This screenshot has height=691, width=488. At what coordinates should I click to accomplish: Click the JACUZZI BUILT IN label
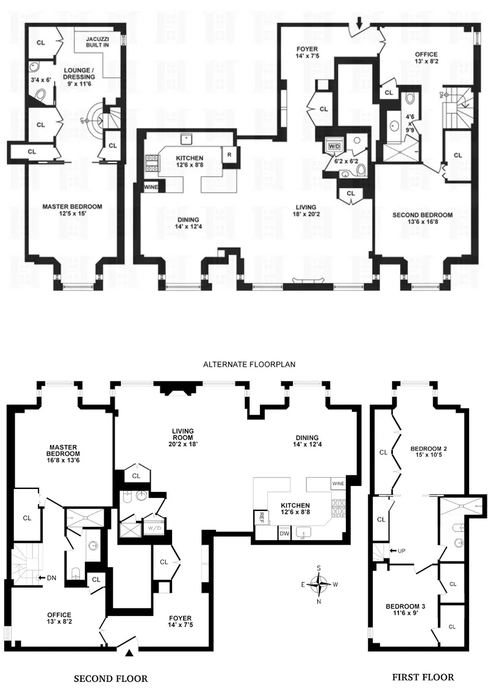93,40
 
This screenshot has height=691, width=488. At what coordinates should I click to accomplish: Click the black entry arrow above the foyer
359,23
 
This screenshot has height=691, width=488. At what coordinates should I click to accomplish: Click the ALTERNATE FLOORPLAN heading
249,364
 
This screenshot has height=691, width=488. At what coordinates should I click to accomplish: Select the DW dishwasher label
284,533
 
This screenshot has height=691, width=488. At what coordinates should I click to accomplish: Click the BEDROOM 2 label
428,453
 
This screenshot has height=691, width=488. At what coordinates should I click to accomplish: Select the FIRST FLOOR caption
422,677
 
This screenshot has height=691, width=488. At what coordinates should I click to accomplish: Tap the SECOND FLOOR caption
110,678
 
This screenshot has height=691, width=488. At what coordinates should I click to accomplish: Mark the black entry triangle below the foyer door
129,654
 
